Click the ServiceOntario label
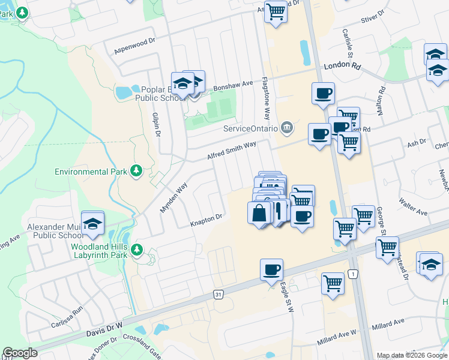coord(250,128)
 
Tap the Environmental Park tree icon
coord(137,172)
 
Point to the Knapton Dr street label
coord(206,220)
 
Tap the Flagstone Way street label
coord(265,99)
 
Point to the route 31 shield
coord(218,295)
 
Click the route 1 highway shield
coord(354,274)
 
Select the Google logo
coord(20,353)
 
